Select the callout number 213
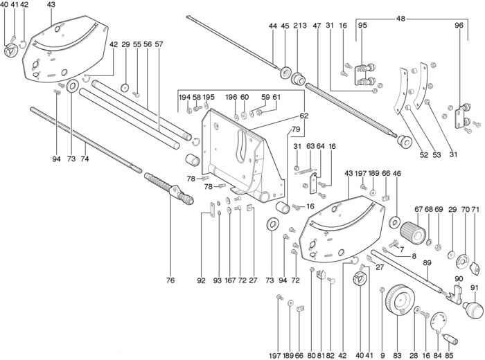(300, 26)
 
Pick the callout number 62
(283, 116)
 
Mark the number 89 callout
(427, 263)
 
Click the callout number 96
(458, 26)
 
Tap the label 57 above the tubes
(159, 44)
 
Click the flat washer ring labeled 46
(394, 223)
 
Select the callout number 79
(296, 129)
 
